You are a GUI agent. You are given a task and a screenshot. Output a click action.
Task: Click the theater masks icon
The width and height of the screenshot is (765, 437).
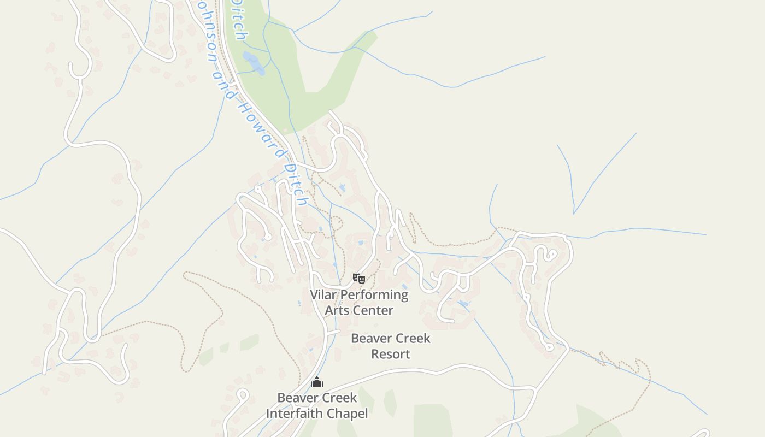(x=358, y=279)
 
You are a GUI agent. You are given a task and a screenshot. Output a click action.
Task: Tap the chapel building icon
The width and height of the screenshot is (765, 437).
(x=317, y=382)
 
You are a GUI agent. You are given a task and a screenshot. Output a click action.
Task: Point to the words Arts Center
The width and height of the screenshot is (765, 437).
(x=359, y=310)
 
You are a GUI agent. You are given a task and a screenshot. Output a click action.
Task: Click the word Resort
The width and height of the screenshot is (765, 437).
(x=390, y=354)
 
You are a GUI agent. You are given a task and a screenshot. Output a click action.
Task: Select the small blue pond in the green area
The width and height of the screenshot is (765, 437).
(x=254, y=63)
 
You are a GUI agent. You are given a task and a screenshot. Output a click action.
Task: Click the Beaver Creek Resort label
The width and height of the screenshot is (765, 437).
(x=390, y=346)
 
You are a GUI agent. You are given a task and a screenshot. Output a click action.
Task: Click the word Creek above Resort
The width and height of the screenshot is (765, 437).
(x=412, y=339)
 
